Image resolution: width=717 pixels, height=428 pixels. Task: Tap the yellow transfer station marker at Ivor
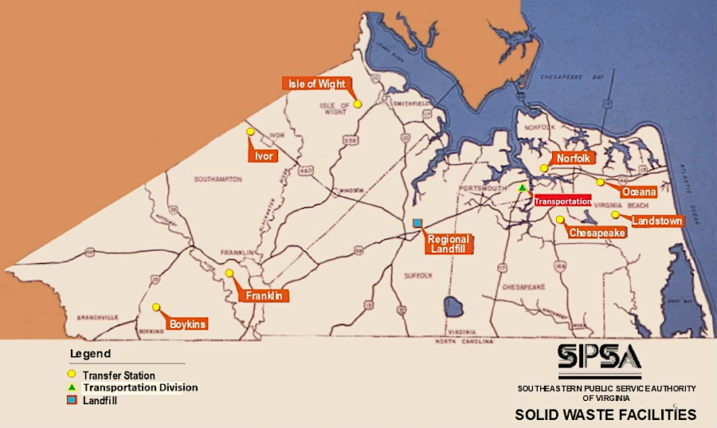250,132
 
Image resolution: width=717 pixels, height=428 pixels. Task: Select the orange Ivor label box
264,156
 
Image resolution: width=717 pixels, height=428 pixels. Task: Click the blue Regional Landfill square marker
417,224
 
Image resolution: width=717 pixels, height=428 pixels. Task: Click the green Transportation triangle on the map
522,188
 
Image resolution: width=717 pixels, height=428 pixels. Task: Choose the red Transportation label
562,202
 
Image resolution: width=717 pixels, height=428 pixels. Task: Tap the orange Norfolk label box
574,159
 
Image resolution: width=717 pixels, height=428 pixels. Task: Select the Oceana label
639,192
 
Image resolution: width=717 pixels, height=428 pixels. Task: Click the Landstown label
656,221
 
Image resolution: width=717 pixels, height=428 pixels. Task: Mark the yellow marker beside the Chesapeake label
560,219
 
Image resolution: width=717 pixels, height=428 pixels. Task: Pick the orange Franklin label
264,296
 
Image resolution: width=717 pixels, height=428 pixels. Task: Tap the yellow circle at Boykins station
156,307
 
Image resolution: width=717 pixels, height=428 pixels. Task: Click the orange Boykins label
189,324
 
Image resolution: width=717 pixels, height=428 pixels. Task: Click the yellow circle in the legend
72,375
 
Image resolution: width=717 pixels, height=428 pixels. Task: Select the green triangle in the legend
72,387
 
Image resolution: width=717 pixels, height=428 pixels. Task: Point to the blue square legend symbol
72,399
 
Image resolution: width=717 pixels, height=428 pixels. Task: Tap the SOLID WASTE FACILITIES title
605,414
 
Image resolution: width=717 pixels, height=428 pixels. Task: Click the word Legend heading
90,354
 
